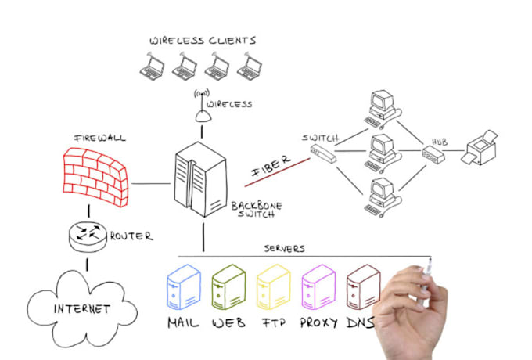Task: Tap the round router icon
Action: coord(88,235)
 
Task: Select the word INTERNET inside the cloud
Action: coord(81,308)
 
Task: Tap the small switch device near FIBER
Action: coord(322,153)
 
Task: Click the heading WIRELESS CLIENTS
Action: coord(203,40)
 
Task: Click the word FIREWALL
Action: coord(99,138)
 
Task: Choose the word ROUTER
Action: coord(131,236)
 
